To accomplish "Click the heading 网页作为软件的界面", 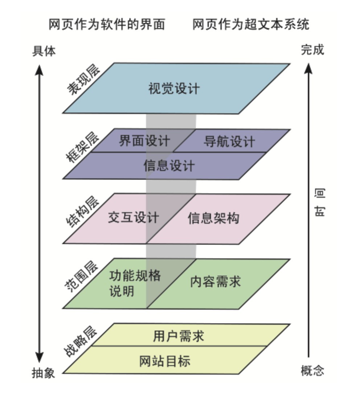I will pos(107,24).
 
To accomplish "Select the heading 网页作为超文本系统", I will pos(251,24).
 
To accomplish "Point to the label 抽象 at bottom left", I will pos(43,373).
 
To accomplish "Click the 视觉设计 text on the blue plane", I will pos(174,89).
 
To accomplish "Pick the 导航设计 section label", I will pos(229,141).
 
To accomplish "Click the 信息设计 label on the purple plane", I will pos(169,166).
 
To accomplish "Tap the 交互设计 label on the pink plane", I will pos(133,217).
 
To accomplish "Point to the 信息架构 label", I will pos(213,218).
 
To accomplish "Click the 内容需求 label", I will pos(216,282).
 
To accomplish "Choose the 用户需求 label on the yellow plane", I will pos(178,336).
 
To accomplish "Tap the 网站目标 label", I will pos(165,361).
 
